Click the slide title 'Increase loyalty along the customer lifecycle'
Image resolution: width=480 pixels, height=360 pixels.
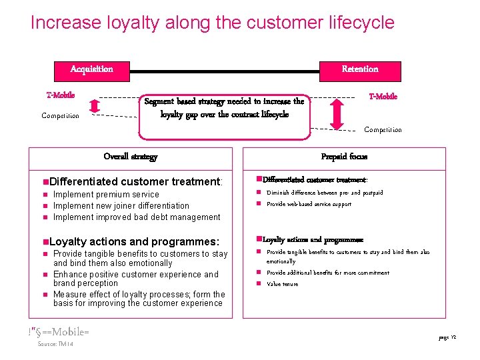tap(212, 23)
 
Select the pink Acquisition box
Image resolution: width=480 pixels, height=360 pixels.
tap(92, 69)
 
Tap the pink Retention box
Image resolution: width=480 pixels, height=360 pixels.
tap(360, 69)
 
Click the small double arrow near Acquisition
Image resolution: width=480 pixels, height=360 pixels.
tap(95, 106)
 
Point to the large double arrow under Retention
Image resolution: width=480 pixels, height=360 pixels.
tap(337, 113)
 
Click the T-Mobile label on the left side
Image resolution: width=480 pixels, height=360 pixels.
tap(61, 95)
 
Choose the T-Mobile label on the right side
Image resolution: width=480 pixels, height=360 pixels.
tap(383, 97)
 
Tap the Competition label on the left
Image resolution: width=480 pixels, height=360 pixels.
tap(60, 116)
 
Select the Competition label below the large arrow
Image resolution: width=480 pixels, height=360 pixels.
tap(383, 130)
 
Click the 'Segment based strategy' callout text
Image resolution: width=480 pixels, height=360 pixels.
tap(225, 108)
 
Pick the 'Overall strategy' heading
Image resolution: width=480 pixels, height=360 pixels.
tap(131, 157)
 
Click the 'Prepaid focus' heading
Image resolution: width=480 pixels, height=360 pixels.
tap(344, 157)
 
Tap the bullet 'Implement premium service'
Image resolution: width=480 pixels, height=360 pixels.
tap(106, 195)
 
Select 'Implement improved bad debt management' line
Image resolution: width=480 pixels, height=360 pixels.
tap(137, 217)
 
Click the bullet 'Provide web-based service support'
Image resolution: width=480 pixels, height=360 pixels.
tap(309, 205)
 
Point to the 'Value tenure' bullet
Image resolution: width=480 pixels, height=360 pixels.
tap(283, 285)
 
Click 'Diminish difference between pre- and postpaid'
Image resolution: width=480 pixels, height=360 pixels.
tap(325, 193)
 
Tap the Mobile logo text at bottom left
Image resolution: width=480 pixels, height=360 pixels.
tap(59, 332)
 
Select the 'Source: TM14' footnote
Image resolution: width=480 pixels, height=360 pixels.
tap(55, 344)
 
